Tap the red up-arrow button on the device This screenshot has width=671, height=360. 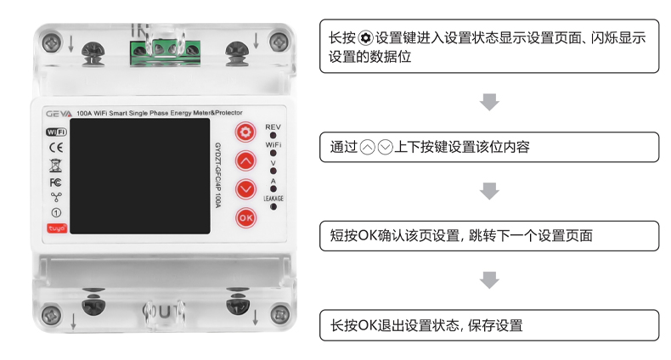pos(245,160)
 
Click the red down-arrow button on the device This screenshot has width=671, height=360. pos(245,188)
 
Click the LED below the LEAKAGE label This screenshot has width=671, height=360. pos(273,208)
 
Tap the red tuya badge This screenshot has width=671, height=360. pos(55,228)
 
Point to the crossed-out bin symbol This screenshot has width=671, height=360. pos(55,165)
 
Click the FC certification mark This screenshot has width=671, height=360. pos(55,182)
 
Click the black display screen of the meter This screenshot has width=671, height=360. pos(138,176)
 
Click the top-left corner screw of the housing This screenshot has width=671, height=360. pos(54,40)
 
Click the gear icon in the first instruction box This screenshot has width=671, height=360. pos(365,39)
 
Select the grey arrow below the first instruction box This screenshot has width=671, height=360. pos(489,104)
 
